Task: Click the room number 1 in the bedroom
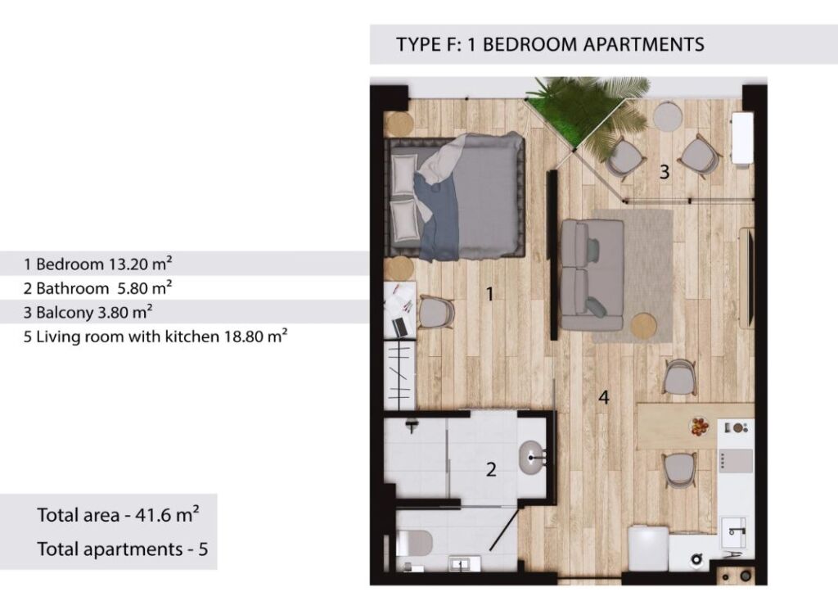(489, 294)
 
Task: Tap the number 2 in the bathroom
(491, 469)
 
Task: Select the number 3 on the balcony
(665, 172)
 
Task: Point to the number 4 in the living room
(604, 397)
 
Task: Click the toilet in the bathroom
(413, 543)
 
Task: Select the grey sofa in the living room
(592, 274)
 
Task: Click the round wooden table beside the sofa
(643, 326)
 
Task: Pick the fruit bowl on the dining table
(698, 427)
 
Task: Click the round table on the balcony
(668, 116)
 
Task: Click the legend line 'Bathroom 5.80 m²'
(98, 288)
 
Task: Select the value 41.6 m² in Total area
(167, 514)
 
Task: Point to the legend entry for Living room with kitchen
(155, 337)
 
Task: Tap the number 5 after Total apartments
(203, 549)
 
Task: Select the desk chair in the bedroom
(436, 312)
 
